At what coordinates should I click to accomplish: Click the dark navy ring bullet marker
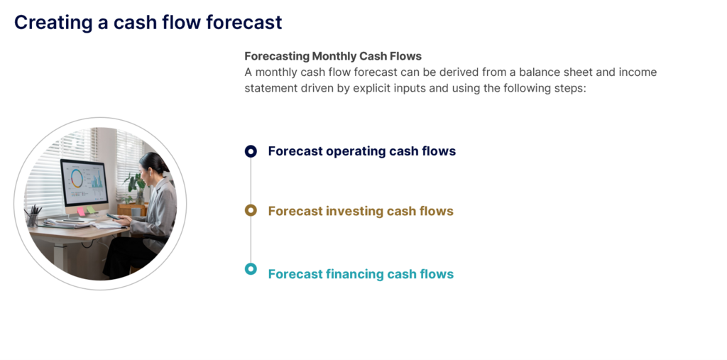(x=251, y=151)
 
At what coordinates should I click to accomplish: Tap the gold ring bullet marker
(x=251, y=211)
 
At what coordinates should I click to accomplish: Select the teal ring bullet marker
(x=251, y=269)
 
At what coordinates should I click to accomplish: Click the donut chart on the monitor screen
(x=77, y=178)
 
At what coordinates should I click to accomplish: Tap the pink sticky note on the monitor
(x=81, y=212)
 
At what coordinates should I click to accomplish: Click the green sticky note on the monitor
(x=92, y=209)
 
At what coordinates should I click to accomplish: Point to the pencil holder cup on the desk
(x=33, y=219)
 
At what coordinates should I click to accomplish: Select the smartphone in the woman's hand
(x=113, y=216)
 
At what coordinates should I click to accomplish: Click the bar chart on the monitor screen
(x=97, y=180)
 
